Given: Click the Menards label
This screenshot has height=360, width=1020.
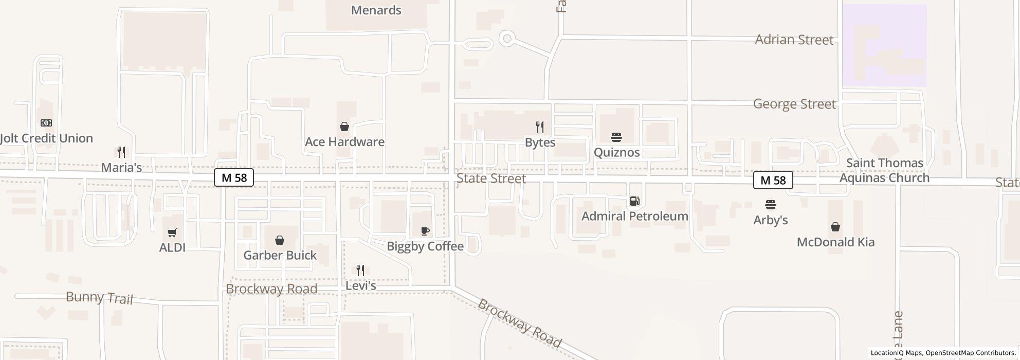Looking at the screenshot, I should click(376, 10).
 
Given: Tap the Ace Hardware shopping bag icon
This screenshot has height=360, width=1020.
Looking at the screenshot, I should click(344, 127).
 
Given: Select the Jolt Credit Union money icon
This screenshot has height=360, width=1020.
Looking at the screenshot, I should click(46, 123).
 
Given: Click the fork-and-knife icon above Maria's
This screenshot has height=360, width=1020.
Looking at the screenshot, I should click(121, 152).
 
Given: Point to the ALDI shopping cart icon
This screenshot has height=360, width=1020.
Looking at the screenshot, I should click(172, 233).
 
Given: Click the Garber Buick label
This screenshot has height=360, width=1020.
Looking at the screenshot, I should click(280, 255).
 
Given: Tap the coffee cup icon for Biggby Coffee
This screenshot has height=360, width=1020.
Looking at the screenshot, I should click(425, 231).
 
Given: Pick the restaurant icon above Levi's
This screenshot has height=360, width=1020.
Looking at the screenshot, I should click(360, 271).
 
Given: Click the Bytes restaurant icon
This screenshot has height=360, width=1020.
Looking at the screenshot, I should click(540, 127).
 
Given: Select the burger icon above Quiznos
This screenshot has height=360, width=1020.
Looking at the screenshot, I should click(616, 137).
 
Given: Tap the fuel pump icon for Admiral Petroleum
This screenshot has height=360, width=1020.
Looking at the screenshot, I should click(635, 201).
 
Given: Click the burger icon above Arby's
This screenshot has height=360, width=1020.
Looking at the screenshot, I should click(770, 205).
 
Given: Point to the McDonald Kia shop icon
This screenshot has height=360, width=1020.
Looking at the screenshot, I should click(835, 227).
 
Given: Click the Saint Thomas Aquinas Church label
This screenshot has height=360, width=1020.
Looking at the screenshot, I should click(884, 170).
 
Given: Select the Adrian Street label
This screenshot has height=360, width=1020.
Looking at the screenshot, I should click(794, 40).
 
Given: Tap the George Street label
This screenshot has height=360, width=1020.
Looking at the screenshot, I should click(794, 104).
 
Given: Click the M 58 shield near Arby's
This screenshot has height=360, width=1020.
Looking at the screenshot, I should click(773, 180).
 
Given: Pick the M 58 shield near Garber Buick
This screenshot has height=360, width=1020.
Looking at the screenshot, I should click(234, 178).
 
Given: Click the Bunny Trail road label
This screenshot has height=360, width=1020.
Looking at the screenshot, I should click(99, 297).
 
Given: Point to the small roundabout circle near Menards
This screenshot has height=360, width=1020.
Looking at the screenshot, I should click(507, 39).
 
